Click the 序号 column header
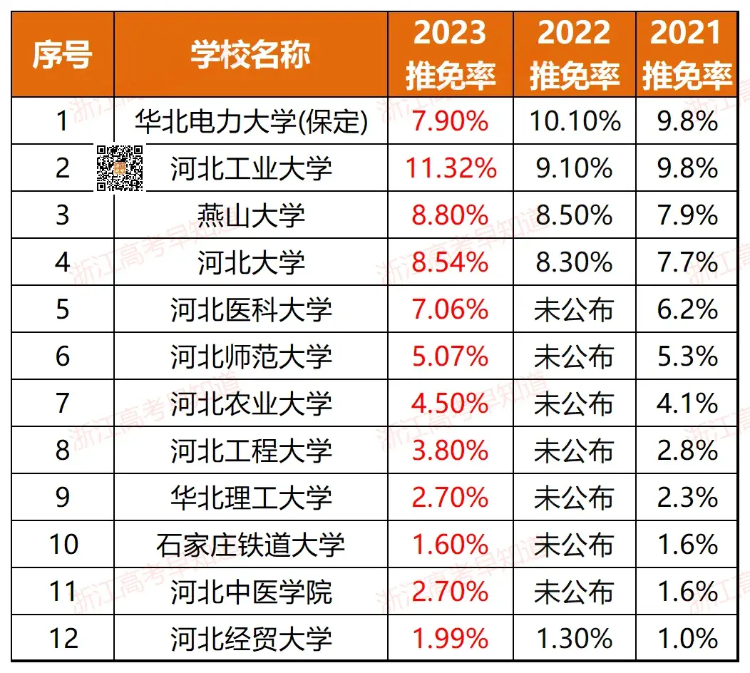[62, 55]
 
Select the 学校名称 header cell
[250, 55]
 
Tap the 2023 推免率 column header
[450, 55]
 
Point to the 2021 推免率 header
[687, 55]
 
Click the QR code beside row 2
[120, 168]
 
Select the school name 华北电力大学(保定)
[251, 122]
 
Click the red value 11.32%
[450, 169]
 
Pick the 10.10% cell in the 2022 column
[574, 122]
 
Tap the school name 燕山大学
[251, 216]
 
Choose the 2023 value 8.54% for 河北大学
[450, 263]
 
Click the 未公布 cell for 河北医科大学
[574, 310]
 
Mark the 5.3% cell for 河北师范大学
[687, 356]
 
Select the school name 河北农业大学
[251, 404]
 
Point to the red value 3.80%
[450, 451]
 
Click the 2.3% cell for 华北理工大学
[687, 498]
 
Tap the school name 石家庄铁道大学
[251, 545]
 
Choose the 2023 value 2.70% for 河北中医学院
[450, 592]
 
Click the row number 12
[63, 638]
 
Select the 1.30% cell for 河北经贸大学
[574, 638]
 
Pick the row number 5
[63, 310]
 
